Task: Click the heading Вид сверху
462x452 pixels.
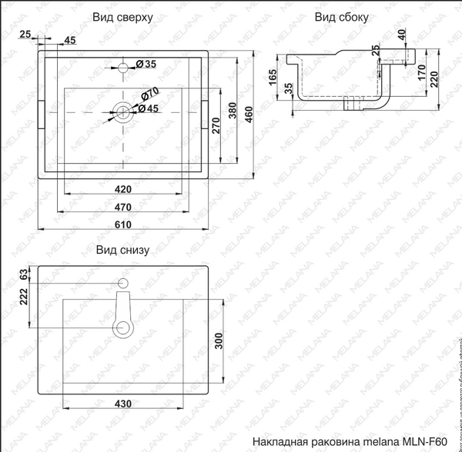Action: (x=122, y=16)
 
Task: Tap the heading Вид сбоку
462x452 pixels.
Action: (x=342, y=16)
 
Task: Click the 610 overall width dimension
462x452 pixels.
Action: (x=123, y=224)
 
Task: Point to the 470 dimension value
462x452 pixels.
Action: (x=123, y=206)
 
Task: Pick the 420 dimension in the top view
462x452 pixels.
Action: (x=123, y=188)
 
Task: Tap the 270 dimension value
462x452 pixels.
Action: (x=216, y=127)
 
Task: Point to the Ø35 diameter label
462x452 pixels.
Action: (x=146, y=63)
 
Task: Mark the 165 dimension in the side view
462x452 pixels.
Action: (x=273, y=78)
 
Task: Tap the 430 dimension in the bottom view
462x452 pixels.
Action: (x=123, y=404)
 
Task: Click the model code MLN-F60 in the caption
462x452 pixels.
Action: (x=428, y=443)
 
